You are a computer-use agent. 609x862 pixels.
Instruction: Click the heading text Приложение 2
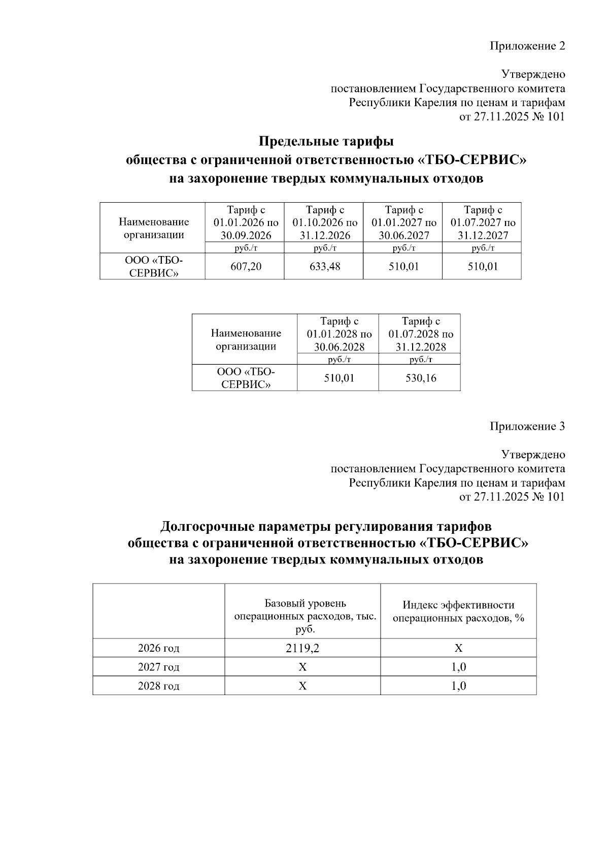(527, 46)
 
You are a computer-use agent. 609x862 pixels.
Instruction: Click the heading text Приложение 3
(527, 426)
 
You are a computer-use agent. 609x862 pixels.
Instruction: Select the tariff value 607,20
(246, 266)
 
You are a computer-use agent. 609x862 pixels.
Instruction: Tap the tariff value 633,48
(325, 266)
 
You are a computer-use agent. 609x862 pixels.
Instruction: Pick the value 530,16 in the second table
(421, 378)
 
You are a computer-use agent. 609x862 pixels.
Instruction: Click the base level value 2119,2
(302, 648)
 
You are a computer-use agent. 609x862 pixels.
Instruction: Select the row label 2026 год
(158, 648)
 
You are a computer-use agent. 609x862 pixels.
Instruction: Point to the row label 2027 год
(158, 667)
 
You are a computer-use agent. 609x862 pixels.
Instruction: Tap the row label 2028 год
(158, 686)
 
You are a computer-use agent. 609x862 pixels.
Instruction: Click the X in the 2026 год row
(458, 648)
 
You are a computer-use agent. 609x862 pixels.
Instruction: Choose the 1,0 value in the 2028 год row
(458, 686)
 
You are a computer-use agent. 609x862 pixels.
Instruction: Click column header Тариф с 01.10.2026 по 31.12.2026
(325, 222)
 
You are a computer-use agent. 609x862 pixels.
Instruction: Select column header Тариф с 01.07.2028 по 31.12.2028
(421, 334)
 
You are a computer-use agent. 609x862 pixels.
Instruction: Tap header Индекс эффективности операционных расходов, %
(458, 612)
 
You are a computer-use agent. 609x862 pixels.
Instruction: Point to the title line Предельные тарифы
(326, 141)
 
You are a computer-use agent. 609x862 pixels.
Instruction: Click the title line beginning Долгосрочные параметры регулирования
(326, 526)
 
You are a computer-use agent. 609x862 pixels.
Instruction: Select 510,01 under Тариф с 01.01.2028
(339, 378)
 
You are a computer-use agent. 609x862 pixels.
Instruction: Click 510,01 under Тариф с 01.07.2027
(483, 266)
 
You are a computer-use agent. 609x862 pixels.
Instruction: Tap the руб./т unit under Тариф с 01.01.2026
(246, 248)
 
